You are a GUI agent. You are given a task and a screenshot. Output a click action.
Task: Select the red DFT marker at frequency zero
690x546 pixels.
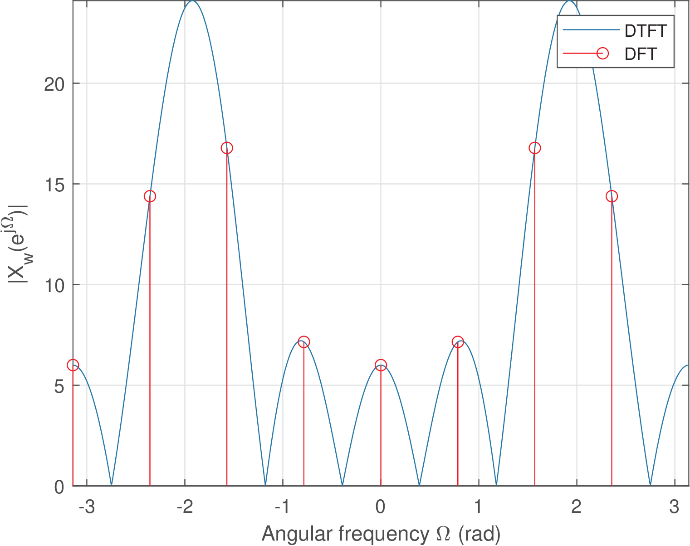[381, 365]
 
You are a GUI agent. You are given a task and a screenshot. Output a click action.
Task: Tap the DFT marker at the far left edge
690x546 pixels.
[73, 365]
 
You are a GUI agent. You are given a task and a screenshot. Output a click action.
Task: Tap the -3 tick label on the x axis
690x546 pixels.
[87, 506]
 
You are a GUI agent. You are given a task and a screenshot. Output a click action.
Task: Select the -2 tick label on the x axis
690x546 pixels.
[185, 506]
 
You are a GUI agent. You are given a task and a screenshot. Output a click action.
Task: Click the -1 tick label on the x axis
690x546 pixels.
[283, 506]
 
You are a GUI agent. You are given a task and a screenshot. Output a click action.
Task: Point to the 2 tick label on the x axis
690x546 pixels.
[576, 506]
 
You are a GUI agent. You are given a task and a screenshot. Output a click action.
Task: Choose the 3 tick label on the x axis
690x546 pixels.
[674, 506]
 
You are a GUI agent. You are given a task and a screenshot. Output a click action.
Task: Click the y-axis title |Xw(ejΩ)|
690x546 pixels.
[19, 244]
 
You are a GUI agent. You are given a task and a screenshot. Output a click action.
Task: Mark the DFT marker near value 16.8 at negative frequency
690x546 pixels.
[227, 148]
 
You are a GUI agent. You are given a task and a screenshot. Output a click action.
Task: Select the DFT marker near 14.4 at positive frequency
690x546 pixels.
[612, 196]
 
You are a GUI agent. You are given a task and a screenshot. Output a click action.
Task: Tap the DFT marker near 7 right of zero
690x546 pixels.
[458, 342]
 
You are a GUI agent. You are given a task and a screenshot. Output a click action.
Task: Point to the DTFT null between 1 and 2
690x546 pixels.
[497, 484]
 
